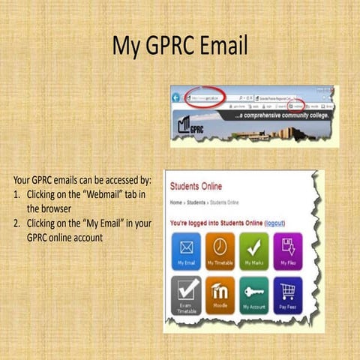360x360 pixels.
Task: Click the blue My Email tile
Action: click(x=187, y=250)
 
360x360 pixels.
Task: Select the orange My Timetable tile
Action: click(x=220, y=250)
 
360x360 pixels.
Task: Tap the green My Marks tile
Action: click(x=253, y=250)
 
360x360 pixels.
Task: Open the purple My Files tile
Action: click(x=287, y=250)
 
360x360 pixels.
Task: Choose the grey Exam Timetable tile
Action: click(x=187, y=294)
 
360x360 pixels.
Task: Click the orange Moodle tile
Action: click(x=220, y=294)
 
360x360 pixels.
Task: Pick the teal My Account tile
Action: click(x=253, y=294)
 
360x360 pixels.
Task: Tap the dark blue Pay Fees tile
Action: click(x=287, y=294)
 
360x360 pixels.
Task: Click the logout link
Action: click(x=275, y=223)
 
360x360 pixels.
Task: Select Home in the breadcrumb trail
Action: click(x=176, y=202)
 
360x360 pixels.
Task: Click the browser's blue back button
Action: click(x=177, y=98)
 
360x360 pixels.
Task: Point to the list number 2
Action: click(x=16, y=223)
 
